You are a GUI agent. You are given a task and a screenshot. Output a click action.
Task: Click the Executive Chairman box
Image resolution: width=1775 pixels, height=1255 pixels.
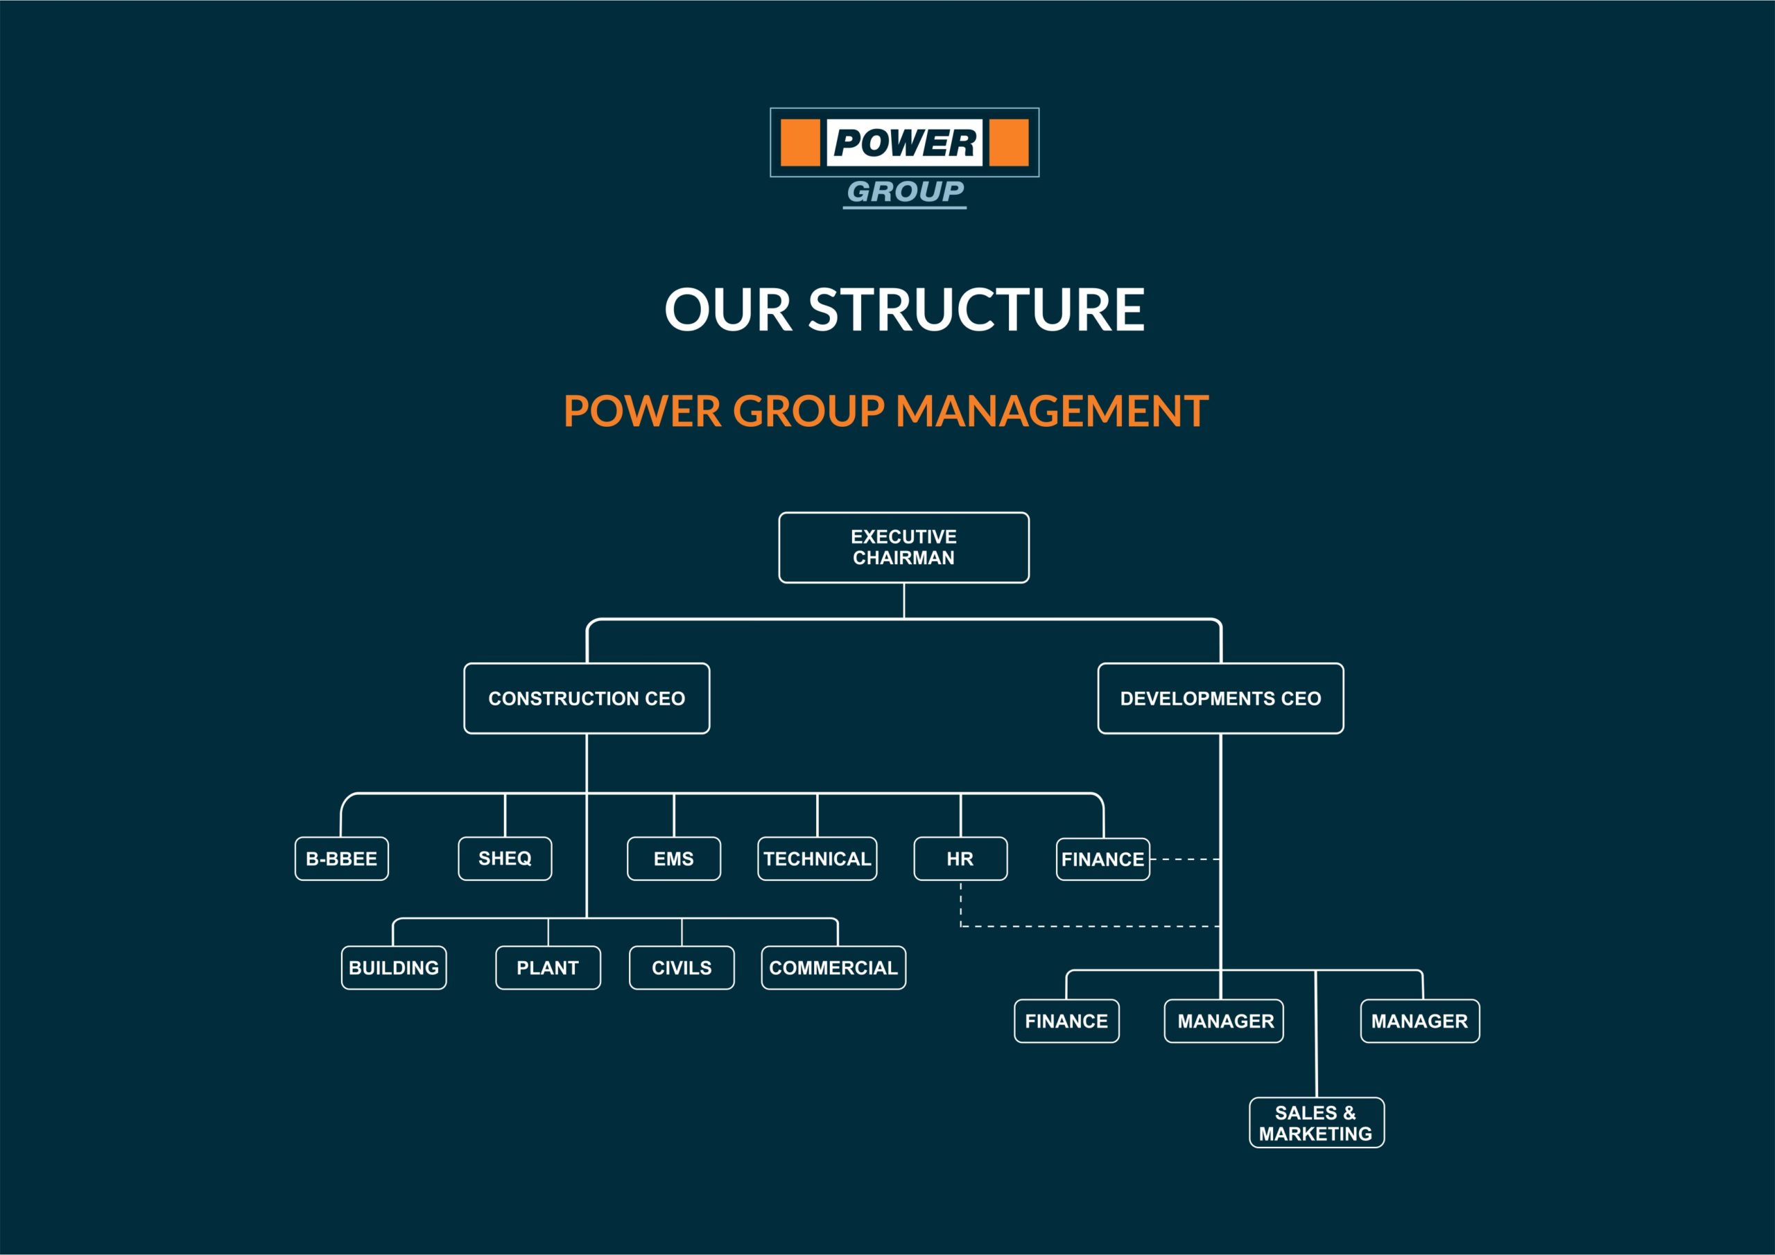pos(903,547)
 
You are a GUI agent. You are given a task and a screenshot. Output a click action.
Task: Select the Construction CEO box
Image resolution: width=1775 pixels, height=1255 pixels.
pos(587,699)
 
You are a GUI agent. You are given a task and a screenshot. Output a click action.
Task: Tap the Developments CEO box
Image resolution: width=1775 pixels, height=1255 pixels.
pos(1221,699)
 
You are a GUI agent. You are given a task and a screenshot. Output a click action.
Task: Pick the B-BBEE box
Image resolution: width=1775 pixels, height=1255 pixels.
pos(342,859)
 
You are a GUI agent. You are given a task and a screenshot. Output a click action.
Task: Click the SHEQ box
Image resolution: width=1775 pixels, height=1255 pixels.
pos(505,859)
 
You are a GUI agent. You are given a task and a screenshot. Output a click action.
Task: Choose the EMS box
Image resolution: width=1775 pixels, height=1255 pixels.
pos(674,859)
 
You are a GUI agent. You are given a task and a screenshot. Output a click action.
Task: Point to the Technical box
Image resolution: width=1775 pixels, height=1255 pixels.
pos(817,859)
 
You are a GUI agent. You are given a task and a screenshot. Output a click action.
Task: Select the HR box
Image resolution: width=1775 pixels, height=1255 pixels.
pos(961,859)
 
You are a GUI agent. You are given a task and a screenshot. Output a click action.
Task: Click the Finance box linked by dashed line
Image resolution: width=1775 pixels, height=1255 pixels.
pos(1103,859)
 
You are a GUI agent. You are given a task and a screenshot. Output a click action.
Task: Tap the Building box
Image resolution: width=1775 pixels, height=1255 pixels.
pos(395,967)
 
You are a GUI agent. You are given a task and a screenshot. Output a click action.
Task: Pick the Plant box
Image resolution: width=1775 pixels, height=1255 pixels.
pos(548,967)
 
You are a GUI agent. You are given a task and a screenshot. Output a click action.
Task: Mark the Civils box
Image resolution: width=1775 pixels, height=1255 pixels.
pos(682,967)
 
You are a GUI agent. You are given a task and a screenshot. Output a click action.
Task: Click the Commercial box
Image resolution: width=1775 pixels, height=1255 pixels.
pos(833,967)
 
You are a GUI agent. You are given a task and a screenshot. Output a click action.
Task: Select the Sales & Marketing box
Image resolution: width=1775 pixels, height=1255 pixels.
pos(1317,1123)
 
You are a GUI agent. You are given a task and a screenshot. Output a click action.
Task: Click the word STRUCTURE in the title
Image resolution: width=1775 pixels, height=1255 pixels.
pos(976,310)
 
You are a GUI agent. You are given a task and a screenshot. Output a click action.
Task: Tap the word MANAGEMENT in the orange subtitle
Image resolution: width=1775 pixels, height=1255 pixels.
pos(1052,410)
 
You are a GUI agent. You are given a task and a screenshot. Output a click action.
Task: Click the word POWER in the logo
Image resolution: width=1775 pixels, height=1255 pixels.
pos(905,143)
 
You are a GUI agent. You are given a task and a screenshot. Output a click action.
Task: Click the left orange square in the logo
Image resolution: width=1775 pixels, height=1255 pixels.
pos(800,143)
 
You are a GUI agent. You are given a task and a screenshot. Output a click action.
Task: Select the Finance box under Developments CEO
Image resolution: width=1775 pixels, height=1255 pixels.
pos(1067,1021)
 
